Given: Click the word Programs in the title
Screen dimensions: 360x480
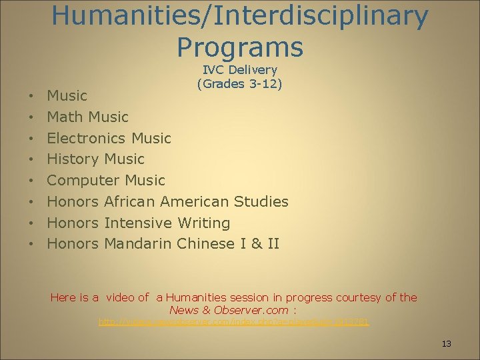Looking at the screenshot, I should click(240, 47).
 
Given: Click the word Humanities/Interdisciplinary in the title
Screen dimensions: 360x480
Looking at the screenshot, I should click(240, 16).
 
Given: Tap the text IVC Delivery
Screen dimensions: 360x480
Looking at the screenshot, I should click(240, 70).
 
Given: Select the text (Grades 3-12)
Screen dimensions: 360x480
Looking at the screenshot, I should click(240, 84).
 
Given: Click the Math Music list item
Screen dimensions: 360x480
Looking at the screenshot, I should click(87, 117).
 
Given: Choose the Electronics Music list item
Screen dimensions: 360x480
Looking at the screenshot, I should click(109, 138).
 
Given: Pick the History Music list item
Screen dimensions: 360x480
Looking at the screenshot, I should click(95, 159).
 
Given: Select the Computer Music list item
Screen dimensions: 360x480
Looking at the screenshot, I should click(105, 181).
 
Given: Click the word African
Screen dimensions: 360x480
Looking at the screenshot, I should click(137, 201).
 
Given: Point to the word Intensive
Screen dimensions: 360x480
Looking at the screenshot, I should click(138, 223).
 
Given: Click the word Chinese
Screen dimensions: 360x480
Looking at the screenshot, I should click(206, 244).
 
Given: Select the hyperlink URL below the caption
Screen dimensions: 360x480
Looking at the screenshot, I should click(234, 322).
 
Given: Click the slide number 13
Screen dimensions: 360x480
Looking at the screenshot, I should click(447, 344).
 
